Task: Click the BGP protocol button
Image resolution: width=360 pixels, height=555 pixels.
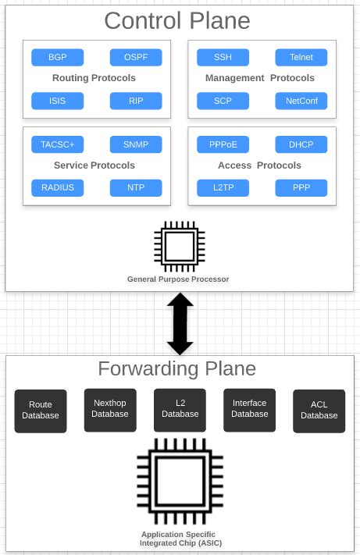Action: tap(57, 58)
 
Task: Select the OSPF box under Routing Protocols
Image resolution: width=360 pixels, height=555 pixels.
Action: tap(136, 58)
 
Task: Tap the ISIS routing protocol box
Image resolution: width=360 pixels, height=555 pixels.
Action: tap(57, 101)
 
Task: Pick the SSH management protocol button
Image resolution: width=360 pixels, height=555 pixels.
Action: tap(223, 58)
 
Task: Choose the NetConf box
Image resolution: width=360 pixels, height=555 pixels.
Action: tap(301, 101)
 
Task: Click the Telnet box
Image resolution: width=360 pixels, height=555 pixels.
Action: tap(301, 58)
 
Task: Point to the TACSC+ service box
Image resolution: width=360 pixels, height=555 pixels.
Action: tap(57, 144)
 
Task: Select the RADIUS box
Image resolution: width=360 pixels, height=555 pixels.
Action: tap(57, 187)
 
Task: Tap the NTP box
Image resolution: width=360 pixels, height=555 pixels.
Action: tap(136, 187)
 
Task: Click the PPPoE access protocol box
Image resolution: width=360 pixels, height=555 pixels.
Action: tap(223, 144)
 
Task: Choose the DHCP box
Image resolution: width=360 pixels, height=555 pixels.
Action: tap(301, 144)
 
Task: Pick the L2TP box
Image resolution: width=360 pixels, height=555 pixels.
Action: tap(223, 187)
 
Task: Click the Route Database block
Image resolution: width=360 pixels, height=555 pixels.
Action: tap(41, 411)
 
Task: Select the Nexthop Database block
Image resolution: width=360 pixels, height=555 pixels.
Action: tap(110, 409)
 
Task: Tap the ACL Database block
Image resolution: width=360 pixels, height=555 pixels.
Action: tap(319, 411)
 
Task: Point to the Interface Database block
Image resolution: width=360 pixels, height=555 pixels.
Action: tap(249, 409)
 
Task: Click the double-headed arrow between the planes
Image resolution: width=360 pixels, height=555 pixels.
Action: tap(180, 323)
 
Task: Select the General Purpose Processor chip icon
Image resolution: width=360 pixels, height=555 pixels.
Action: tap(179, 247)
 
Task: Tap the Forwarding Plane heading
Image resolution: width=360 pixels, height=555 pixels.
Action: tap(176, 368)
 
